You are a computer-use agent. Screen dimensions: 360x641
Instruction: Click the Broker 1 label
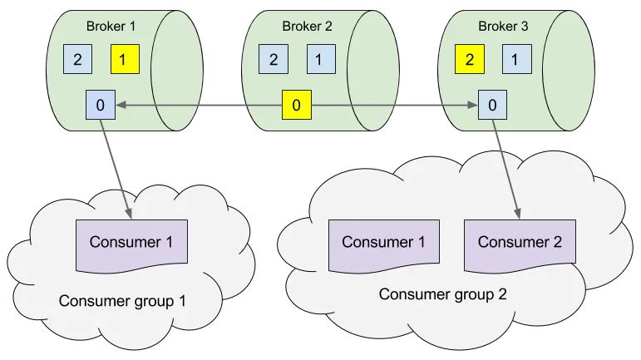point(111,26)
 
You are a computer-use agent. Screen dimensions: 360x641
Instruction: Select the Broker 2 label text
point(307,26)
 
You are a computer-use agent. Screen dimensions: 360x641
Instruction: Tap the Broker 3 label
point(503,26)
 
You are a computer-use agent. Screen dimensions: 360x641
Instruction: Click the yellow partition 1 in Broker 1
point(126,59)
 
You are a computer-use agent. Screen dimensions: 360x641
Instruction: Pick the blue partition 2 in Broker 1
point(77,59)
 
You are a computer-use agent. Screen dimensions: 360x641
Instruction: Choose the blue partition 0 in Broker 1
point(100,105)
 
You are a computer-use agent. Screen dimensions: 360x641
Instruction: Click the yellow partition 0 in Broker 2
point(296,106)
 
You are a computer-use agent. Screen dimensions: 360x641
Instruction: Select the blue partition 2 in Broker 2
point(274,59)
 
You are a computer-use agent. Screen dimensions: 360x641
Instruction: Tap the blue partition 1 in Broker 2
point(321,59)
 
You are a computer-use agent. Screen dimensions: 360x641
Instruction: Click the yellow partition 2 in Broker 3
point(469,59)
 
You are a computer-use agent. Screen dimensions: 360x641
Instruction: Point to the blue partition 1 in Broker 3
point(516,59)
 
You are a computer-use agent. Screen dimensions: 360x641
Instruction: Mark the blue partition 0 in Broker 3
point(492,105)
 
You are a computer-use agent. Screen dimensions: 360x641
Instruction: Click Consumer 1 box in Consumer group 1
point(131,244)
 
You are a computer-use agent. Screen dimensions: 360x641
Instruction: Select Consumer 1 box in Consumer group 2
point(383,243)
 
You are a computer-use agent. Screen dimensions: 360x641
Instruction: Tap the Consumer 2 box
point(520,243)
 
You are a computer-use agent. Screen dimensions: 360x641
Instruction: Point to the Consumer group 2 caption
point(442,293)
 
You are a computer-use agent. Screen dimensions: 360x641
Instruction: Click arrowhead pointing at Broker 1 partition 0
point(119,105)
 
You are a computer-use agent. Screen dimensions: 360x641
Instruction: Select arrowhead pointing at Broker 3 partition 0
point(474,105)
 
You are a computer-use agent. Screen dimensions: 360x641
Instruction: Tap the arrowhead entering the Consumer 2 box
point(520,218)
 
